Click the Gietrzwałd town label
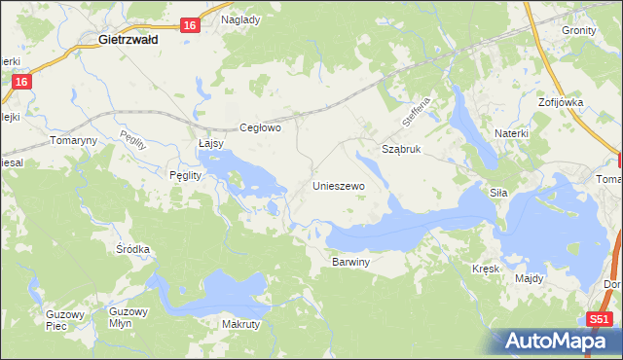click(x=136, y=41)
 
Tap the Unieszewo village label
click(x=338, y=185)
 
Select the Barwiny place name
click(x=351, y=262)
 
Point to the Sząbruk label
click(x=401, y=151)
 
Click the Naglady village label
click(x=240, y=19)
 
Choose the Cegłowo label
click(x=261, y=127)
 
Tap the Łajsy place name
click(x=210, y=143)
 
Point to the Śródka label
click(x=133, y=249)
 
